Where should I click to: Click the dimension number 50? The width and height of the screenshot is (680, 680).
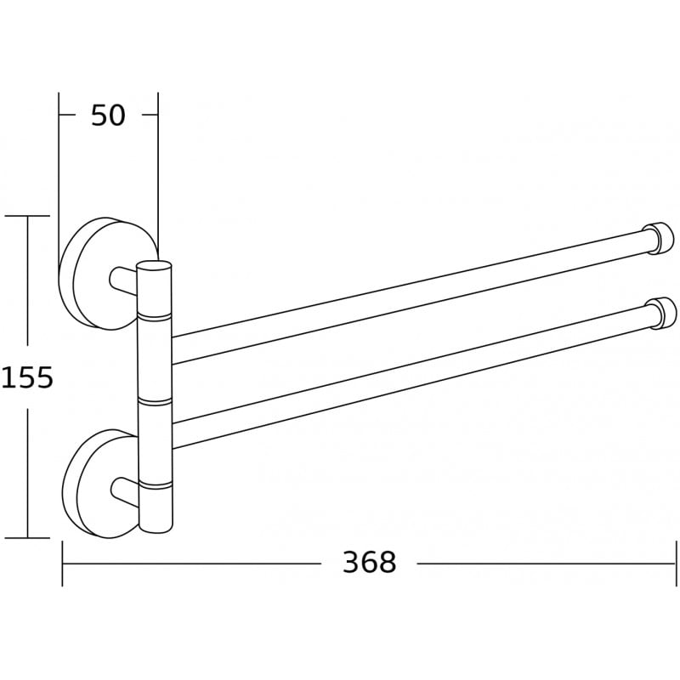tap(108, 115)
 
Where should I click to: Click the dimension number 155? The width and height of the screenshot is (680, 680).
tap(27, 377)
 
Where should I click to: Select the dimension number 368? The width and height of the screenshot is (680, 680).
tap(369, 562)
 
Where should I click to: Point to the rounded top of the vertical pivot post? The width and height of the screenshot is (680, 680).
tap(154, 265)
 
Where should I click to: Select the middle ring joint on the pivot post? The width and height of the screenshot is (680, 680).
tap(154, 397)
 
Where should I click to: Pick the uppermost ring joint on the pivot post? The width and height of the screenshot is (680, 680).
tap(154, 315)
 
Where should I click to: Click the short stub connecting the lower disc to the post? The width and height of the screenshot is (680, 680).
tap(122, 490)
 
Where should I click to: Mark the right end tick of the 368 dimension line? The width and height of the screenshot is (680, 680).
tap(675, 563)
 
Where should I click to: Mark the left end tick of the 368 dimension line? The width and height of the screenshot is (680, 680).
tap(62, 563)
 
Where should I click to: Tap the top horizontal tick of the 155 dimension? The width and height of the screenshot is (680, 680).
tap(27, 216)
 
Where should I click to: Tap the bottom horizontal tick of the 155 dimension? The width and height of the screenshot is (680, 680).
tap(27, 537)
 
